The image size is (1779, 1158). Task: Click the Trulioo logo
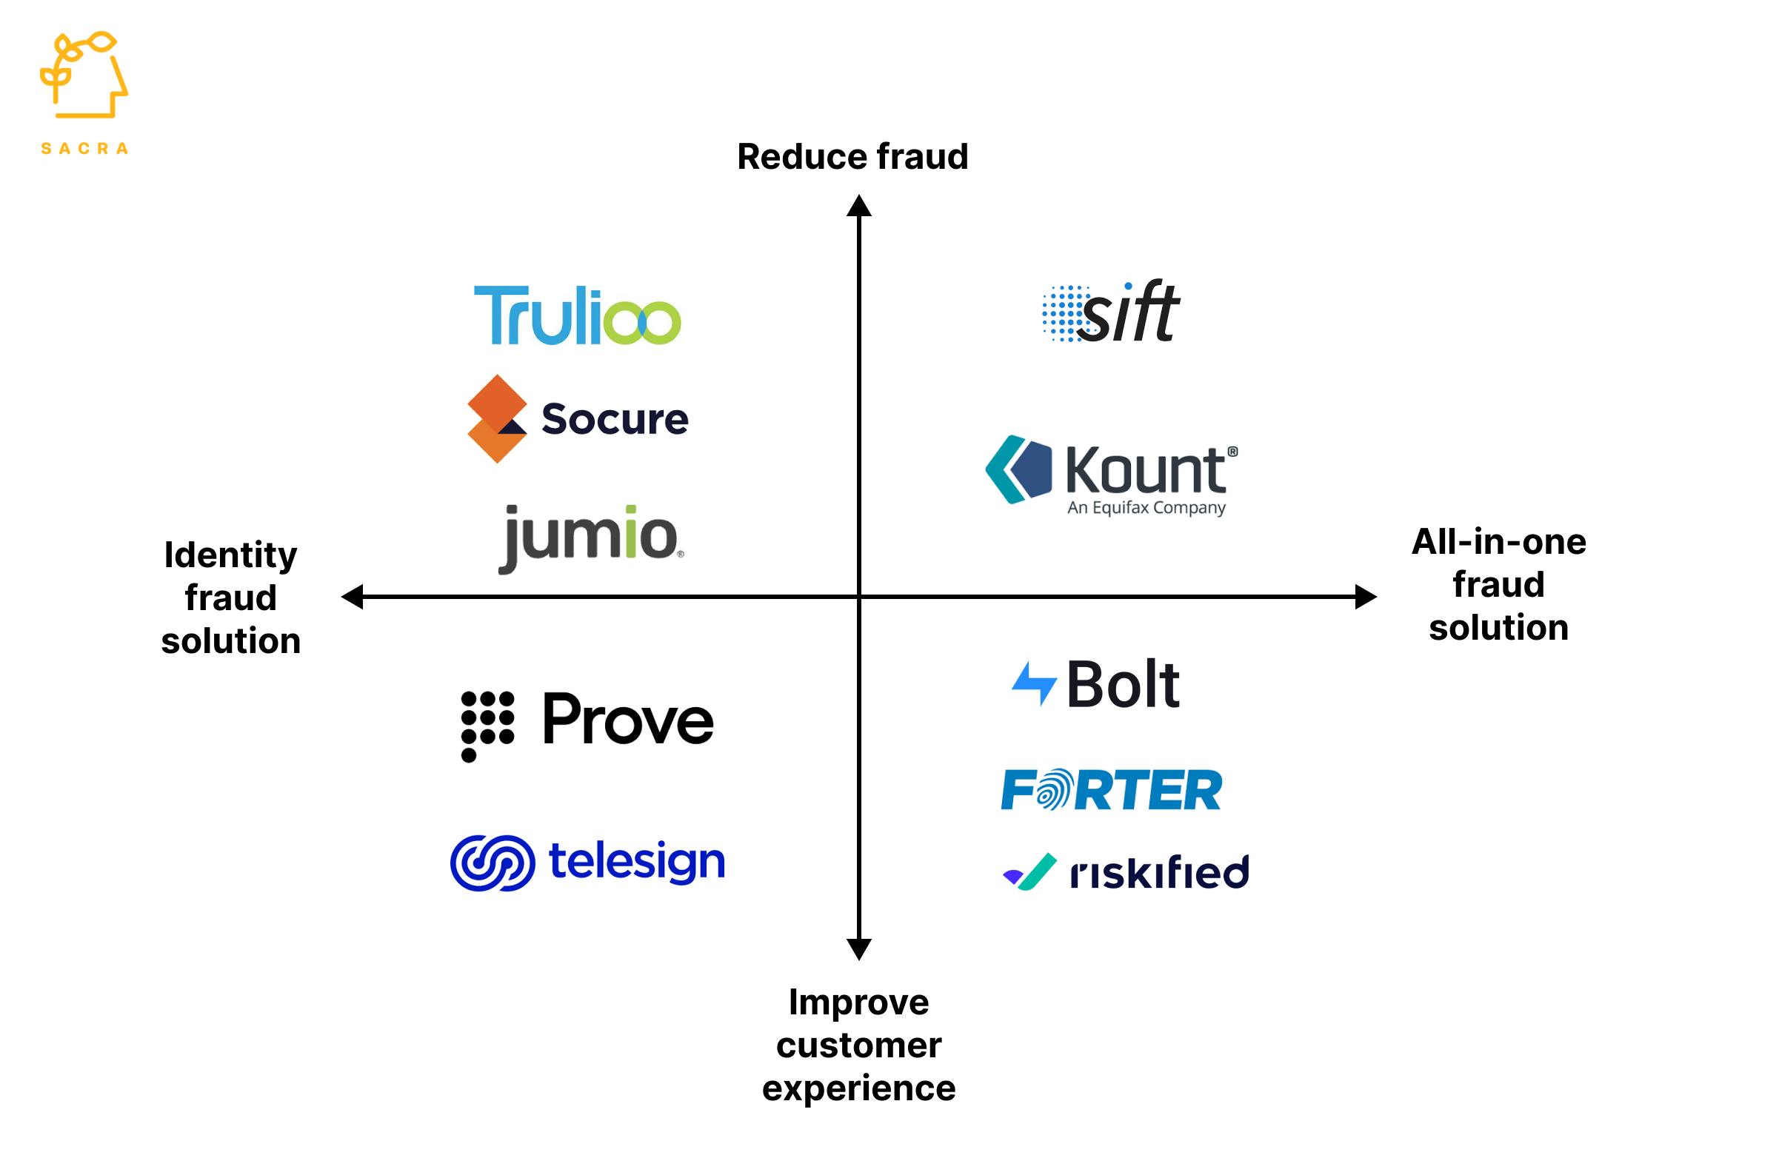[577, 315]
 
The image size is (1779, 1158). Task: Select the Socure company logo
[577, 418]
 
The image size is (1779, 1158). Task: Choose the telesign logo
[587, 862]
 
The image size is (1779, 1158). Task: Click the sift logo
[1111, 312]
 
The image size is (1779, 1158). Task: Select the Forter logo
[1112, 790]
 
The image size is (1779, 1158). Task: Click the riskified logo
[1126, 871]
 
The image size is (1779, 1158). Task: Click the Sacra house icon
[84, 75]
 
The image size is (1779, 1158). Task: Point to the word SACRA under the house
[84, 149]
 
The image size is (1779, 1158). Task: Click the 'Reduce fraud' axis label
[852, 157]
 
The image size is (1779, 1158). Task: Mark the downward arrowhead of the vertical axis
[859, 948]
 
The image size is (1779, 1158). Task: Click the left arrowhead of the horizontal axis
[352, 597]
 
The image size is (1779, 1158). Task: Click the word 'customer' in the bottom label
[858, 1045]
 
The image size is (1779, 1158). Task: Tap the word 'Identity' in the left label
[230, 555]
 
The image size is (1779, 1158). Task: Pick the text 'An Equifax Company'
[1146, 508]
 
